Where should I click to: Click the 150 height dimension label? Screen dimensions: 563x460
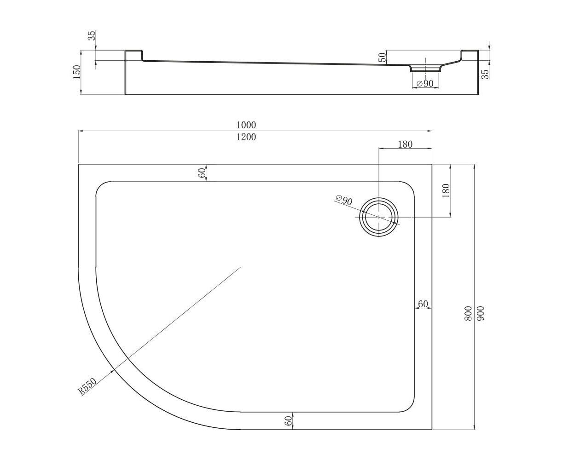coord(76,72)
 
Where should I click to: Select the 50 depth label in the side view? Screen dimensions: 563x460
coord(383,57)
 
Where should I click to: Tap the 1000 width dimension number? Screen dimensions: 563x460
coord(246,125)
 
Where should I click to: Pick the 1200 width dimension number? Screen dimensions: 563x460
coord(246,137)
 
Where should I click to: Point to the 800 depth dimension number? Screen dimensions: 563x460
coord(468,313)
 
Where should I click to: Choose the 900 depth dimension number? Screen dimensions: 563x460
coord(480,313)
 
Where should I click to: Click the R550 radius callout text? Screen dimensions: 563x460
coord(87,386)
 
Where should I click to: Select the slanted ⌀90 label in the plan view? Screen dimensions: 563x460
coord(344,200)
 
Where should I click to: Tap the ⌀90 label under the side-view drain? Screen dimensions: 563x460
coord(425,84)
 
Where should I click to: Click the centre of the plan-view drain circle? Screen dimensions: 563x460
coord(378,217)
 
